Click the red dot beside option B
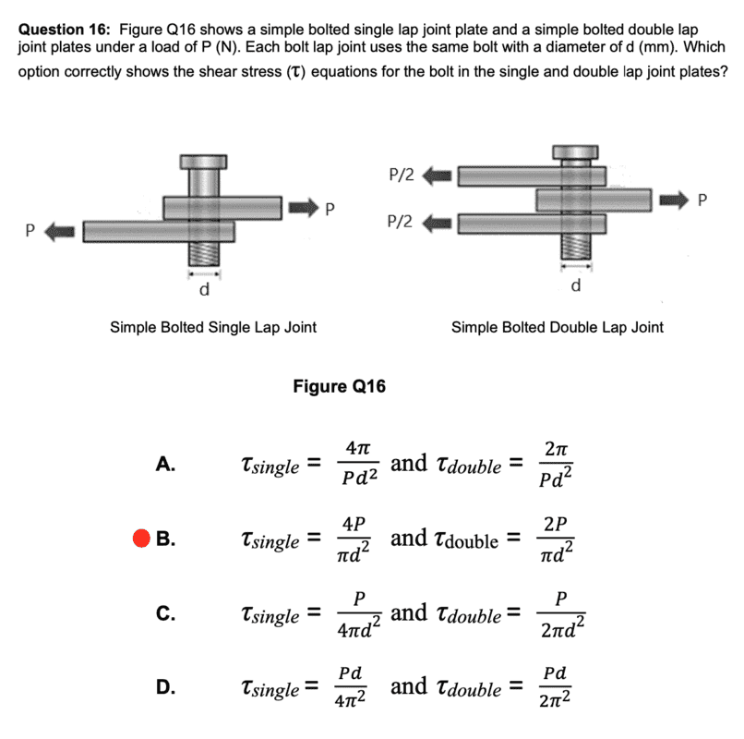141,539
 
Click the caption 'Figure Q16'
339,386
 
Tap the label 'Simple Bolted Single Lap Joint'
213,326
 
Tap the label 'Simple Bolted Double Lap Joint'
557,326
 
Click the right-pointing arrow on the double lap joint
675,198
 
